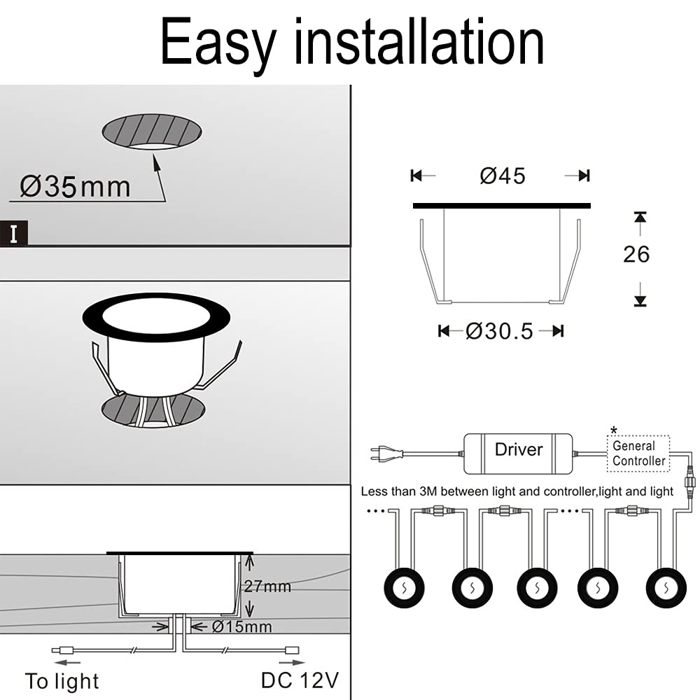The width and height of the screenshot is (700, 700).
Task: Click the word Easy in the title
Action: click(218, 43)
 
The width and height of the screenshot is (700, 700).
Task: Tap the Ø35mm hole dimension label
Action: click(75, 187)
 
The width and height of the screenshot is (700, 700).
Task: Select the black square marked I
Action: click(14, 233)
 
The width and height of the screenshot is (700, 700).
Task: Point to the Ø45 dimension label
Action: click(502, 176)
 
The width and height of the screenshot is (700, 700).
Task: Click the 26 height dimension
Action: click(636, 255)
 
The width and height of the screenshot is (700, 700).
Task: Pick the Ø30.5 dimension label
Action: click(499, 331)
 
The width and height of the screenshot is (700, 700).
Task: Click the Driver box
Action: click(518, 454)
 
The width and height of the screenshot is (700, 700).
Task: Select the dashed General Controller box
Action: click(638, 454)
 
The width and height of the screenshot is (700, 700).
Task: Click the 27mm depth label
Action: click(267, 586)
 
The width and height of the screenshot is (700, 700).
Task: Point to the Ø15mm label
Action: click(242, 626)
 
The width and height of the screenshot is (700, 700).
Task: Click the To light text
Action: click(62, 682)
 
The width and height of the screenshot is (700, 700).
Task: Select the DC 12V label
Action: click(300, 680)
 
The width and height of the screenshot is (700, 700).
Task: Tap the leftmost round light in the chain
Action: click(404, 588)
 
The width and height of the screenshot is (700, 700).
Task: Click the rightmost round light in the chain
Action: click(666, 588)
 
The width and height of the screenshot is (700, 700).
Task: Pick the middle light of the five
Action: click(537, 588)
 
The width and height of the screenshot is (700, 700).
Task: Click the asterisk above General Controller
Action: click(614, 430)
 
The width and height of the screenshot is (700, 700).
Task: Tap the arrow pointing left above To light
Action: click(67, 662)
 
